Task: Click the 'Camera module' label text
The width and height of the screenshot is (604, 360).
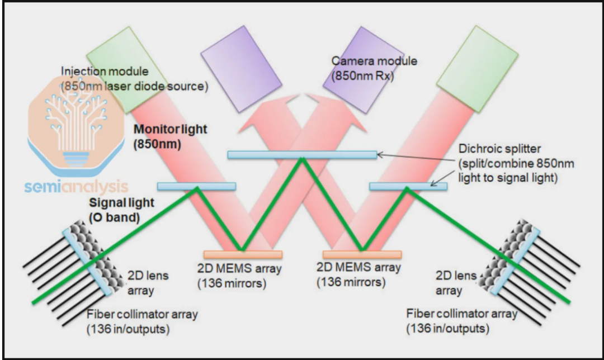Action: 367,60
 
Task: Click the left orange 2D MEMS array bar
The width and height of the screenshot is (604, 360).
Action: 243,254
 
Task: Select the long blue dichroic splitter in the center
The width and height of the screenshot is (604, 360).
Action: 302,154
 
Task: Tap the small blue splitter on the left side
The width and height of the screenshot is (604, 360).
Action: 196,186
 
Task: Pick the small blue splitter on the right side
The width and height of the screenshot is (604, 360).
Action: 408,186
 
